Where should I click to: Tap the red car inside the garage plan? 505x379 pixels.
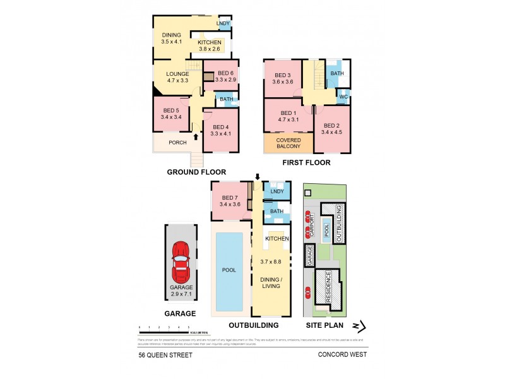[181, 262]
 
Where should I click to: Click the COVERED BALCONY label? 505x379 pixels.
[288, 143]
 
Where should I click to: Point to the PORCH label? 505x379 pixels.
[172, 142]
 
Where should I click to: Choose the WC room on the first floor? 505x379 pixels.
[343, 97]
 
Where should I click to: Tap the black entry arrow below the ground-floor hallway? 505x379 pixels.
[196, 136]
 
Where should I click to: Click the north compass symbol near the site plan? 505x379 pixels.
[358, 326]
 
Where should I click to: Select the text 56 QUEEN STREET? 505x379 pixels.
[165, 355]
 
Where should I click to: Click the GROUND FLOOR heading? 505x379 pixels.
[196, 172]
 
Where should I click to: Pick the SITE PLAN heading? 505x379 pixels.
[324, 325]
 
